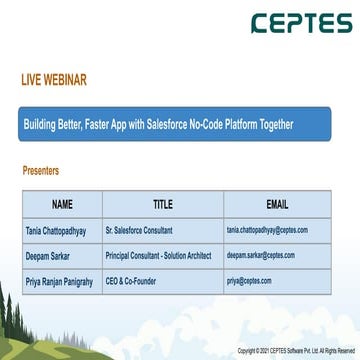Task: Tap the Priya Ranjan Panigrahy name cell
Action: point(59,281)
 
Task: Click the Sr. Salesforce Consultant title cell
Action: point(139,230)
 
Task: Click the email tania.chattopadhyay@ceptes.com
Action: point(267,230)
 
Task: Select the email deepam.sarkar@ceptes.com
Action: point(261,255)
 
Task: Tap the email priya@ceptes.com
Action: point(249,281)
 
